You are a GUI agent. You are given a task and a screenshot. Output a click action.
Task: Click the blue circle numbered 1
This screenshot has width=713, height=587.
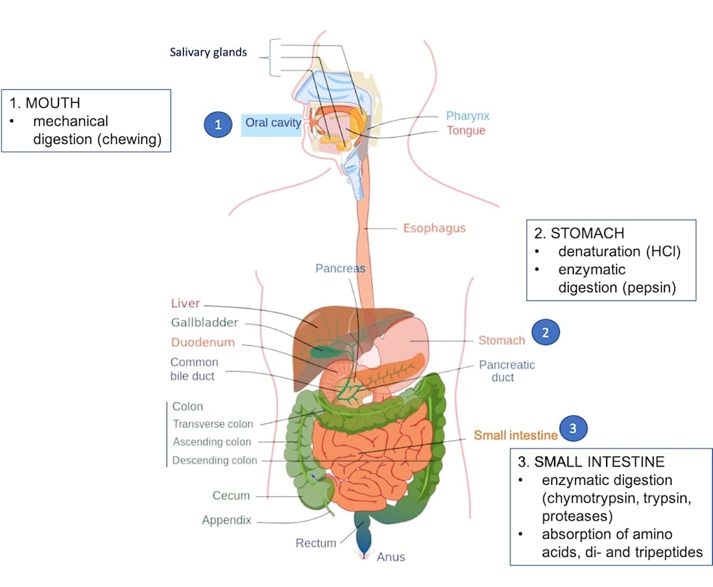[x=219, y=124]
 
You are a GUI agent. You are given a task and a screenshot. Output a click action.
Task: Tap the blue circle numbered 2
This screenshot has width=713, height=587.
[x=545, y=332]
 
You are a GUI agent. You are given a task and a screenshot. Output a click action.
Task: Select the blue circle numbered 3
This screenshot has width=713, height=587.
[x=575, y=428]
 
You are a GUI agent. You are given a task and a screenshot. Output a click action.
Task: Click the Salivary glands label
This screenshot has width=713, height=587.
[x=208, y=53]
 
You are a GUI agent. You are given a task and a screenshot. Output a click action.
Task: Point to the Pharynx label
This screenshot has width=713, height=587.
[x=468, y=116]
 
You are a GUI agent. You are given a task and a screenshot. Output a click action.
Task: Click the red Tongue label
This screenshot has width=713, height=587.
[x=466, y=131]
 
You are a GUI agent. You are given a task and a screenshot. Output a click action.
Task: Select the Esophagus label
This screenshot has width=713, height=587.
[x=434, y=228]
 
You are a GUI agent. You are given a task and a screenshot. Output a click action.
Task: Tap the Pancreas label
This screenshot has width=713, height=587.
[x=340, y=268]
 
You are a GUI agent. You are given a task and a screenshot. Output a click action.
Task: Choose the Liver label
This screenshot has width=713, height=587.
[x=185, y=304]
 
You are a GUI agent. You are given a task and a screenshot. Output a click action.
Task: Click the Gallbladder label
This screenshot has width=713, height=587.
[x=205, y=322]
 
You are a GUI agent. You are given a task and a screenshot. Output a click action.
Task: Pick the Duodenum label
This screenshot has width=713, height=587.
[x=202, y=342]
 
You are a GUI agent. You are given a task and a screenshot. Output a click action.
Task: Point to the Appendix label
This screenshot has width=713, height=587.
[x=226, y=520]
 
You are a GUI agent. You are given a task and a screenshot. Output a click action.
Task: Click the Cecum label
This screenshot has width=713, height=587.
[x=231, y=496]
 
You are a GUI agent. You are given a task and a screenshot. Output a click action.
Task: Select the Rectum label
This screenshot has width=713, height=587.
[x=316, y=543]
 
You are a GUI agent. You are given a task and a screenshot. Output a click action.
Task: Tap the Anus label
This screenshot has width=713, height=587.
[x=391, y=556]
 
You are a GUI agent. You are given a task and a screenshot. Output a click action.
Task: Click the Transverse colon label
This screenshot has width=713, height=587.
[x=213, y=424]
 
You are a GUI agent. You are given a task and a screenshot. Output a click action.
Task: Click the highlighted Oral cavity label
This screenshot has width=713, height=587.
[x=272, y=123]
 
